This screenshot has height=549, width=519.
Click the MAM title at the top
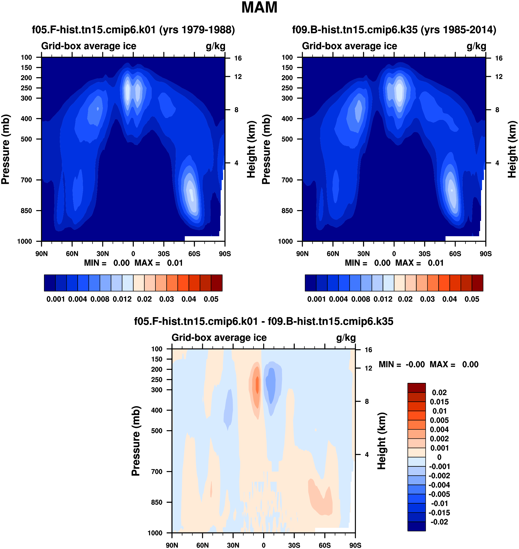pyautogui.click(x=259, y=7)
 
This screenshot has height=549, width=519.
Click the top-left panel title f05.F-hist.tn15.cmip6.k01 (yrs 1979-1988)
pyautogui.click(x=133, y=30)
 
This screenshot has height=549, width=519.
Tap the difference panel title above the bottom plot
pyautogui.click(x=264, y=321)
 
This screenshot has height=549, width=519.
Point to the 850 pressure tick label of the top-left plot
pyautogui.click(x=26, y=211)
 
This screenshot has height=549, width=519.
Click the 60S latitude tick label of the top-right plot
pyautogui.click(x=455, y=254)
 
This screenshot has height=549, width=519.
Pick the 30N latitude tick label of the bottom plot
pyautogui.click(x=233, y=545)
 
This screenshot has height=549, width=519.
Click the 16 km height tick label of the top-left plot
pyautogui.click(x=238, y=58)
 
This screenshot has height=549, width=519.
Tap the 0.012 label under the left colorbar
pyautogui.click(x=122, y=299)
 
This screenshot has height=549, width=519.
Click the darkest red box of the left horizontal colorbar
pyautogui.click(x=217, y=283)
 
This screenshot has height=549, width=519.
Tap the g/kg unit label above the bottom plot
pyautogui.click(x=346, y=338)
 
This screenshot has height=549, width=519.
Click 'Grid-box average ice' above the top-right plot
pyautogui.click(x=349, y=46)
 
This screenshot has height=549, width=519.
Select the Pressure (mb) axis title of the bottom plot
pyautogui.click(x=136, y=441)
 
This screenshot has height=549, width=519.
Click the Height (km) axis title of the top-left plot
pyautogui.click(x=251, y=149)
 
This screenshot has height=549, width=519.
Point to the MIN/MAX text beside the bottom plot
pyautogui.click(x=429, y=364)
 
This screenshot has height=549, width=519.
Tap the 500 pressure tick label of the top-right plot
pyautogui.click(x=287, y=139)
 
